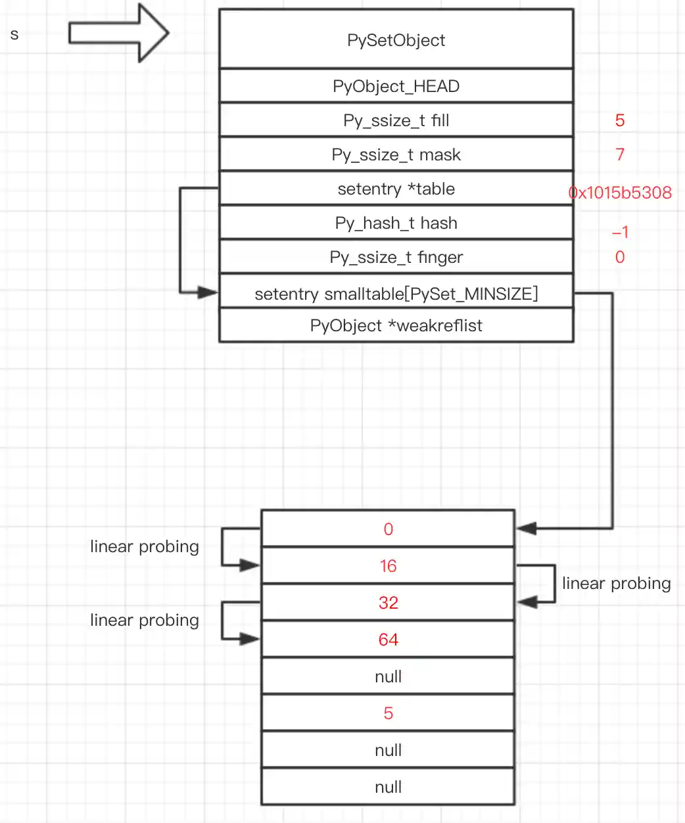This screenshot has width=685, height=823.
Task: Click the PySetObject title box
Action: tap(396, 39)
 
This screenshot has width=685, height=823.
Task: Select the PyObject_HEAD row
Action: tap(396, 86)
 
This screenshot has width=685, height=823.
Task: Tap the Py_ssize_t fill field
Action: tap(396, 120)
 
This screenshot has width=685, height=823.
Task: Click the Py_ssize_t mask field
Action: tap(396, 154)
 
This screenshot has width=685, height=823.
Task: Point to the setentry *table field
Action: tap(396, 189)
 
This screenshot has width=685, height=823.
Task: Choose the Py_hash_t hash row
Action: tap(396, 223)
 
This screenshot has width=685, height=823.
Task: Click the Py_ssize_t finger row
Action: tap(396, 257)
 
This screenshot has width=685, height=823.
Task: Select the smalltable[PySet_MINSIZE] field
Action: tap(396, 293)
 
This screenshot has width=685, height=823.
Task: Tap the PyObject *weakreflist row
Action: tap(396, 325)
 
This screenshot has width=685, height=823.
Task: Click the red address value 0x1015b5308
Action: tap(620, 193)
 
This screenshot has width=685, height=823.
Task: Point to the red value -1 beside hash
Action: tap(620, 232)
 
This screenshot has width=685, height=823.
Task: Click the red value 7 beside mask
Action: tap(620, 154)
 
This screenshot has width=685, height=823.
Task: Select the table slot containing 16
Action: tap(388, 566)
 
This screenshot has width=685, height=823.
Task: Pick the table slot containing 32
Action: tap(388, 603)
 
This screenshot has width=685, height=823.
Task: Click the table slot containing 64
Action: tap(388, 640)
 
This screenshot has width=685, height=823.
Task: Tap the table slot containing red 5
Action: tap(388, 713)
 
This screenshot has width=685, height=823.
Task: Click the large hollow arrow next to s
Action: tap(119, 33)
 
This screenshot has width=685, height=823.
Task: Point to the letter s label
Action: tap(14, 34)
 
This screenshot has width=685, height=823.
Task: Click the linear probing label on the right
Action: tap(616, 583)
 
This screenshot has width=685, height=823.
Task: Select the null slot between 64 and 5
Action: tap(388, 676)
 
